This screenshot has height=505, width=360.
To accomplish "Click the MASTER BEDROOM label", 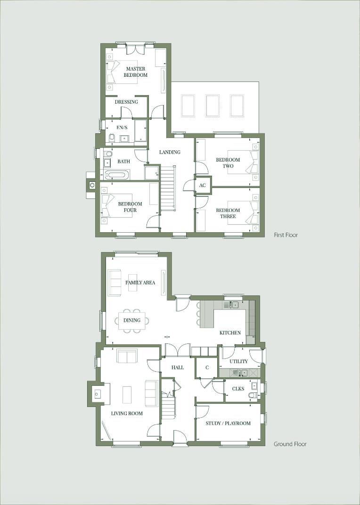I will pos(135,72).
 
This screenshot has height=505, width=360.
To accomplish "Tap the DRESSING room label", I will pos(126,102).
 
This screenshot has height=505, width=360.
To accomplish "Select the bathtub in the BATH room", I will pos(116,175).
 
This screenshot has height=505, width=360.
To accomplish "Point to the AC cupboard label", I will pos(203,186).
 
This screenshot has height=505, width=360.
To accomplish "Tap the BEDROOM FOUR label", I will pos(127,207).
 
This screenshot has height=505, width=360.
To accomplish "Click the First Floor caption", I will pos(286,235).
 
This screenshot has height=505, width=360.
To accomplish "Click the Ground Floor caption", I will pos(290,444).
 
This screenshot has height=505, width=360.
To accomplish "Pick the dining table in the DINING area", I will pos(132,320).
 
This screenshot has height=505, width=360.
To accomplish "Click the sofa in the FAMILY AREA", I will pos(115,282).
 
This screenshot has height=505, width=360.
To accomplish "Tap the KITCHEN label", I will pos(230,333).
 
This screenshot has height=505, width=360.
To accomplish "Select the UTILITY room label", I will pos(238,361).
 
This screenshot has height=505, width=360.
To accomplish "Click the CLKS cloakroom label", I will pos(238,389).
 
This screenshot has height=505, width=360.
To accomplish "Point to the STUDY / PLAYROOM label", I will pos(228,423).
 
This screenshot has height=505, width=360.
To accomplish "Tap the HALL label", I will pos(178,367).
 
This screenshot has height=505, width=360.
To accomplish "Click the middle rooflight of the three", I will pos(213,106).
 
